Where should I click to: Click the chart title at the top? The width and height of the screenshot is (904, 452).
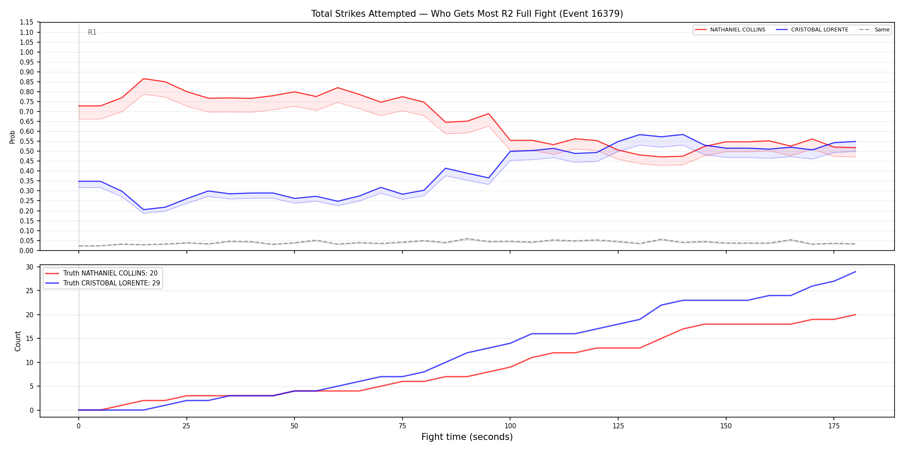tap(467, 14)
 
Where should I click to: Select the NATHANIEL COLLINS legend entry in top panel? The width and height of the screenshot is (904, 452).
tap(730, 30)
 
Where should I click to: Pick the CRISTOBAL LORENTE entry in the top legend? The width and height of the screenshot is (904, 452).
tap(812, 30)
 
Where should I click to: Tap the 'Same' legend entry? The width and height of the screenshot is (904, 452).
tap(874, 30)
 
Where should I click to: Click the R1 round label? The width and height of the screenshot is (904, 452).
tap(92, 32)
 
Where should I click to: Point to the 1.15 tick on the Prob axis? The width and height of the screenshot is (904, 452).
tap(26, 22)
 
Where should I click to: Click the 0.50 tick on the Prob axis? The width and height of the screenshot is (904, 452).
tap(26, 151)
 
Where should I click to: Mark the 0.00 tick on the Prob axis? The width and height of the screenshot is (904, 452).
tap(26, 251)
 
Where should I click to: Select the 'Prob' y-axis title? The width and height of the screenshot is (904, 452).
tap(12, 137)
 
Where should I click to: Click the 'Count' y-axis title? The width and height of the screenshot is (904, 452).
tap(18, 341)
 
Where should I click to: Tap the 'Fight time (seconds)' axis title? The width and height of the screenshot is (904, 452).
tap(467, 437)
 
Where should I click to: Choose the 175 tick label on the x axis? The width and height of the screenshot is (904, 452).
tap(834, 426)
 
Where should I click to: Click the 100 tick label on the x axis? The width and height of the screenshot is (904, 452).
tap(510, 426)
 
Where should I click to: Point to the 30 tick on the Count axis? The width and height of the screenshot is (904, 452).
tap(30, 267)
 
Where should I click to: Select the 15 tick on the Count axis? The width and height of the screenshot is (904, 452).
tap(30, 338)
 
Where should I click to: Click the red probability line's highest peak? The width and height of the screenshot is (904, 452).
tap(143, 79)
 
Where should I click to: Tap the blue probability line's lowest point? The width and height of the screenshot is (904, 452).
tap(143, 210)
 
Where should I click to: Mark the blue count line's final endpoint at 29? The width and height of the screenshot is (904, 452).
tap(855, 272)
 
